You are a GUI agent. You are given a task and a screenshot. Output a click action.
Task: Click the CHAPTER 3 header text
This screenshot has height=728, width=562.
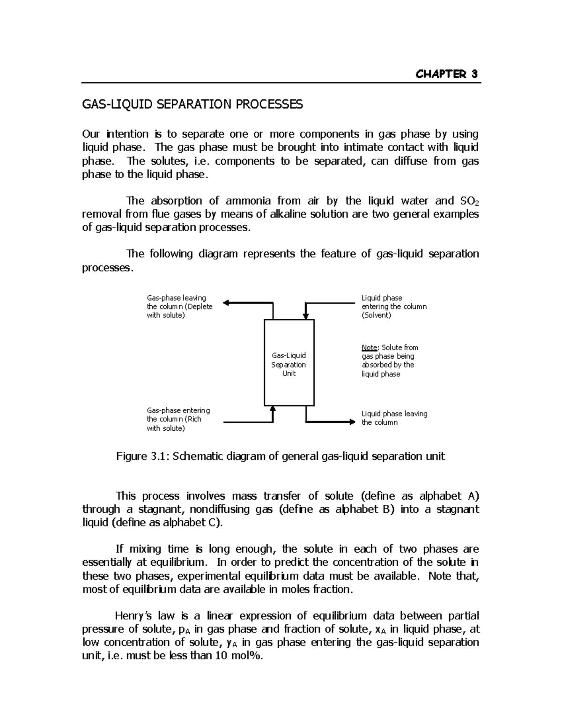(446, 74)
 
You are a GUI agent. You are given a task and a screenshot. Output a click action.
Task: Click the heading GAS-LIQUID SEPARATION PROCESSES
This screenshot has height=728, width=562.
(192, 104)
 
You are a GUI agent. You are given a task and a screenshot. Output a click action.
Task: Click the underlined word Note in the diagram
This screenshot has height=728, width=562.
(370, 347)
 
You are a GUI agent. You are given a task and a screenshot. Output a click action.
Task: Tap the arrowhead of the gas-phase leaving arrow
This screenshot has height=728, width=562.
(226, 303)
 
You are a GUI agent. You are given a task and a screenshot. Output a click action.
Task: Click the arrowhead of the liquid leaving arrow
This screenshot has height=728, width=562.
(353, 422)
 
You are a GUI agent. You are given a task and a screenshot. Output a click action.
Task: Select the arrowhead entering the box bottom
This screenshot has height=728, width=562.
(273, 409)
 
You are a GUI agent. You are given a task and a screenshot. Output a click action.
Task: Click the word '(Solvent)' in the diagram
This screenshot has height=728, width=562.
(376, 315)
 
